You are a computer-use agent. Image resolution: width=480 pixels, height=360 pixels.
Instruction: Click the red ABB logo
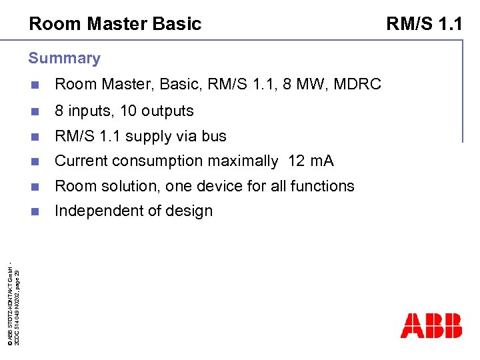(431, 325)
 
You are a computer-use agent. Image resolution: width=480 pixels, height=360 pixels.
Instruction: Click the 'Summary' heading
(64, 58)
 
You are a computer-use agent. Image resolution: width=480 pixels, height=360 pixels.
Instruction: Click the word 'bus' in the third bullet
(214, 136)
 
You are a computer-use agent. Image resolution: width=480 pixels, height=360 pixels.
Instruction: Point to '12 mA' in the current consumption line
(311, 161)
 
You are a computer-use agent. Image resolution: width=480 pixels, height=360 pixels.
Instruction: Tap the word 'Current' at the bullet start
(81, 161)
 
